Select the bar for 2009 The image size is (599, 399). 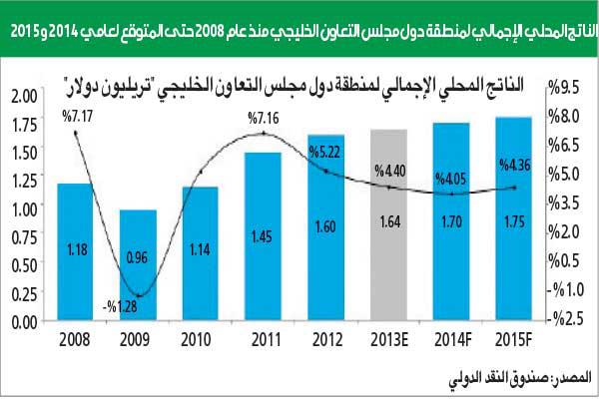[138, 265]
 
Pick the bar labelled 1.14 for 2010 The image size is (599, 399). [201, 254]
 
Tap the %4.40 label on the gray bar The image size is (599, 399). [389, 171]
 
